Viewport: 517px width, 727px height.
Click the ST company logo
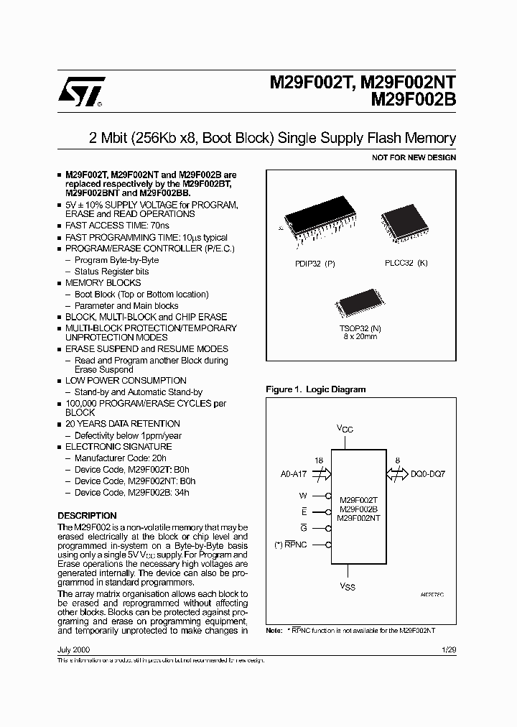(x=83, y=92)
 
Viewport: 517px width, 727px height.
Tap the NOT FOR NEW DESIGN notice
(x=414, y=157)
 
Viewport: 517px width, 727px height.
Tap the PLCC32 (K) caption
(x=406, y=263)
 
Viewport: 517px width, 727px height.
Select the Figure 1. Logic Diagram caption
(x=315, y=389)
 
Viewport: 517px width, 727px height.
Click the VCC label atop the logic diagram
(x=345, y=429)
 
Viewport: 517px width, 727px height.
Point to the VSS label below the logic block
(x=347, y=585)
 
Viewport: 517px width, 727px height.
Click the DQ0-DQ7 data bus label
(x=429, y=474)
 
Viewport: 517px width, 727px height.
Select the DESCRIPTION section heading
(x=87, y=516)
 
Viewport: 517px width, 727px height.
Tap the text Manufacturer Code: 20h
(x=121, y=458)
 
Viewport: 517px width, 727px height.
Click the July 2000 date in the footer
(x=73, y=649)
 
